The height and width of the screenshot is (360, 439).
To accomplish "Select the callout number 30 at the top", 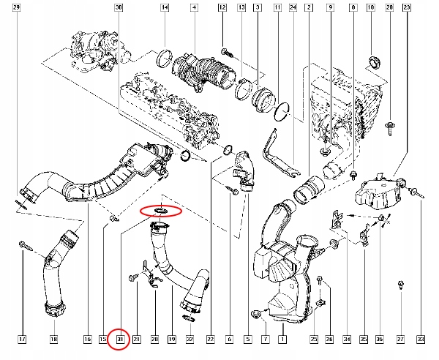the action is pos(119,7).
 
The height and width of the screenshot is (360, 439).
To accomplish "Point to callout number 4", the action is pos(193,7).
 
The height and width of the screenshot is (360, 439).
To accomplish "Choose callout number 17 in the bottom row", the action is pos(22,339).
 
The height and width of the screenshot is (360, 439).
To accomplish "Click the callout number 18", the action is pos(53,339).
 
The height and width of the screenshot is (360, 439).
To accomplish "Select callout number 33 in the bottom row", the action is pos(421,339).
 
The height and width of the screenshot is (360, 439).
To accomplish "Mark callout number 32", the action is pos(190,339).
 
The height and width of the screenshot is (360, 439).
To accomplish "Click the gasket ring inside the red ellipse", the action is pos(160,211).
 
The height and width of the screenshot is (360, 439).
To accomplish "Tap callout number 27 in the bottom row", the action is pos(400,339).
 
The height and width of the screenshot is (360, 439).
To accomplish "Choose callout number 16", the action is pos(86,339).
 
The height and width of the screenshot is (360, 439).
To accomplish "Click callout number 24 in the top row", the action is pos(293,7).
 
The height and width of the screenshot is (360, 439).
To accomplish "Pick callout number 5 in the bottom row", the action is pos(247,339).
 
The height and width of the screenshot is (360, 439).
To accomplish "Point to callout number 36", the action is pos(379,339).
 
